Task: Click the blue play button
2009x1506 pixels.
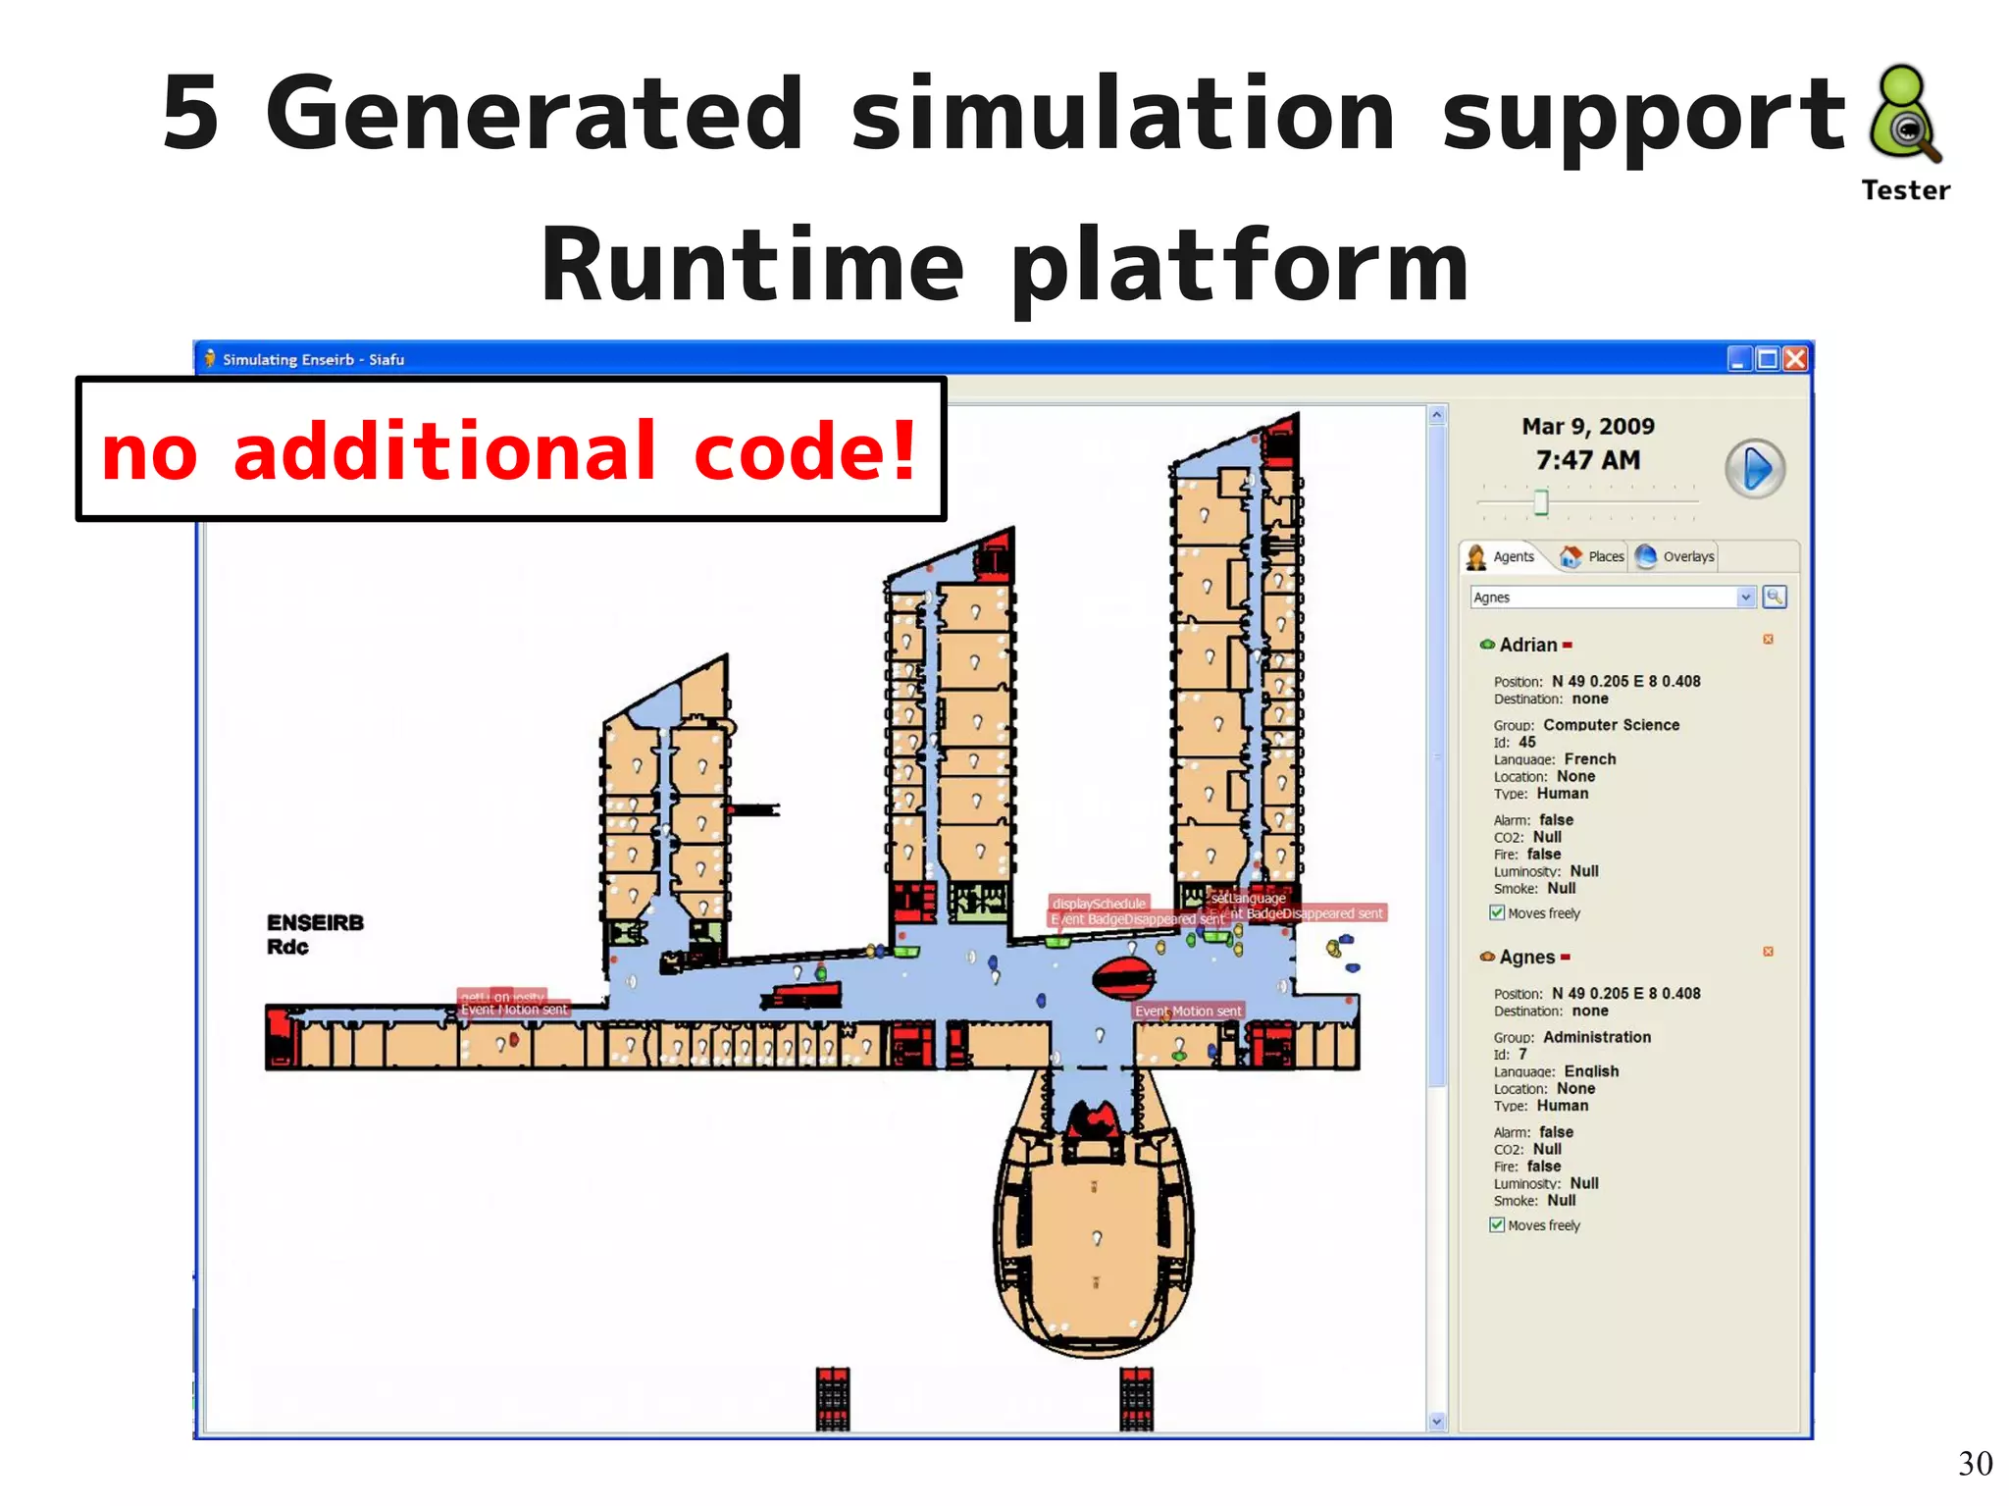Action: pyautogui.click(x=1755, y=469)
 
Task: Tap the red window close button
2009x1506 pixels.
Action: pyautogui.click(x=1795, y=359)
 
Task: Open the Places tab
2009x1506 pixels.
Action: pyautogui.click(x=1593, y=557)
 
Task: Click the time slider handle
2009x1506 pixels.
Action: pyautogui.click(x=1541, y=501)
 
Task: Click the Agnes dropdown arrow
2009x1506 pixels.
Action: pyautogui.click(x=1745, y=597)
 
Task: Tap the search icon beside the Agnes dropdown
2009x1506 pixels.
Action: pyautogui.click(x=1775, y=597)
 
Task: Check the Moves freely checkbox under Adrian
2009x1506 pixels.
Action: pyautogui.click(x=1497, y=912)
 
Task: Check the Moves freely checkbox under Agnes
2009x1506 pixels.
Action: pyautogui.click(x=1497, y=1224)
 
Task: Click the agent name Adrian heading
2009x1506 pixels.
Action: pyautogui.click(x=1527, y=646)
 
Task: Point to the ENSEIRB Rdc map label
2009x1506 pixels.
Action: pyautogui.click(x=315, y=934)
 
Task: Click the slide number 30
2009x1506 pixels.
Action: pyautogui.click(x=1975, y=1464)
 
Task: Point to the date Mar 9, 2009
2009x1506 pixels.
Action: pyautogui.click(x=1588, y=427)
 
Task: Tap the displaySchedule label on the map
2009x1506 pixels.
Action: pyautogui.click(x=1099, y=904)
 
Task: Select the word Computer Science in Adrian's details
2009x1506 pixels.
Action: pyautogui.click(x=1611, y=725)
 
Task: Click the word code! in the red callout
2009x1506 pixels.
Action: pyautogui.click(x=805, y=451)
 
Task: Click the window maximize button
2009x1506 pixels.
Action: pyautogui.click(x=1767, y=359)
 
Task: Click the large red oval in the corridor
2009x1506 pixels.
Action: pyautogui.click(x=1123, y=977)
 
